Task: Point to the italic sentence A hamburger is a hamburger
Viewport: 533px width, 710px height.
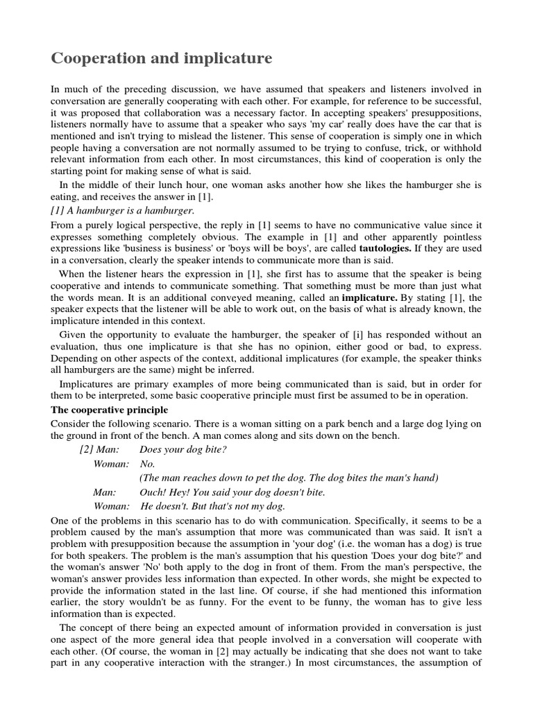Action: pos(123,210)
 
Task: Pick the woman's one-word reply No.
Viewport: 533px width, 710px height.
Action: pos(147,463)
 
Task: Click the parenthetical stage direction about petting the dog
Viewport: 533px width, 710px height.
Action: pos(289,478)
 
